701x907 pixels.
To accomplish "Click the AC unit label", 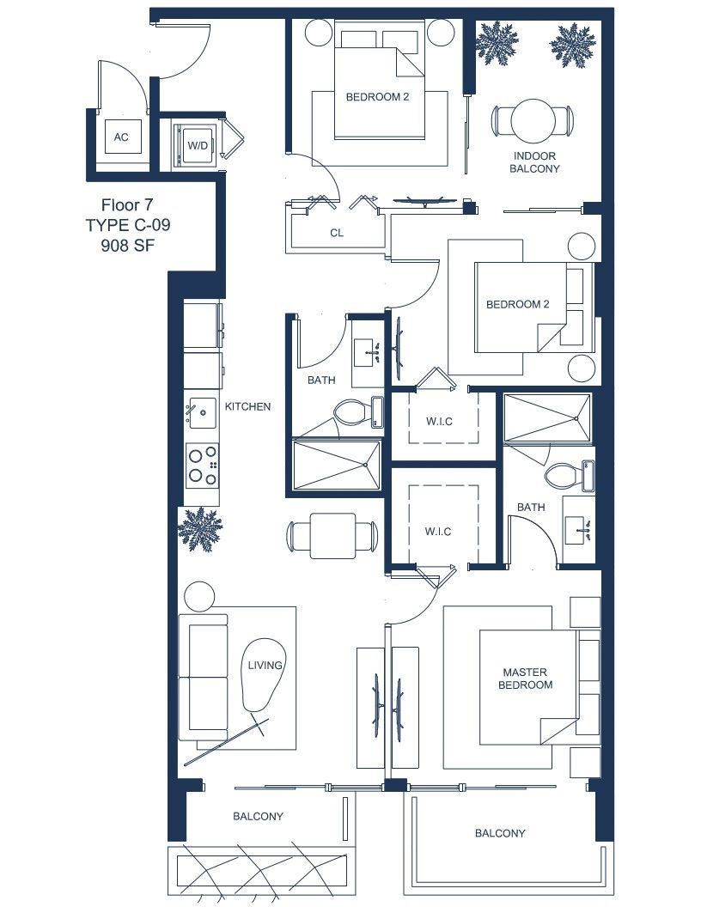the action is (x=121, y=137).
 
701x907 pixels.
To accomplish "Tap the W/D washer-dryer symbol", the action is (x=197, y=145).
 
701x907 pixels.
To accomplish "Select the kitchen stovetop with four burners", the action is (x=203, y=465).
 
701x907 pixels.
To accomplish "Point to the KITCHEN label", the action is (x=247, y=406).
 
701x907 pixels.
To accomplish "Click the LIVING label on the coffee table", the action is (x=265, y=665).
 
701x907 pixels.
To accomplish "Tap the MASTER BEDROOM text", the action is (x=525, y=679).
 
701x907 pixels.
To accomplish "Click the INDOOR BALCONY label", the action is (x=534, y=162).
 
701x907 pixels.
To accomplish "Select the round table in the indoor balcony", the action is (x=533, y=121).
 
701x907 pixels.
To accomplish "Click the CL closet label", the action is (x=337, y=233).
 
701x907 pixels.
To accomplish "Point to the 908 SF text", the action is (x=128, y=246).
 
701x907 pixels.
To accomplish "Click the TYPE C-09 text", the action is (x=128, y=225).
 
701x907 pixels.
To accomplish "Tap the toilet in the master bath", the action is (x=561, y=477).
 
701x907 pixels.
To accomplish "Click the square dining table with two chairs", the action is (x=332, y=536).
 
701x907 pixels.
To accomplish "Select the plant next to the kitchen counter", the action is (x=200, y=528).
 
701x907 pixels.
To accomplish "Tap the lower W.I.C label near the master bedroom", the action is (x=438, y=532).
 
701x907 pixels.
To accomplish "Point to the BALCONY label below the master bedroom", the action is (x=500, y=833).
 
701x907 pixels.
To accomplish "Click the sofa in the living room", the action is (x=204, y=677).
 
